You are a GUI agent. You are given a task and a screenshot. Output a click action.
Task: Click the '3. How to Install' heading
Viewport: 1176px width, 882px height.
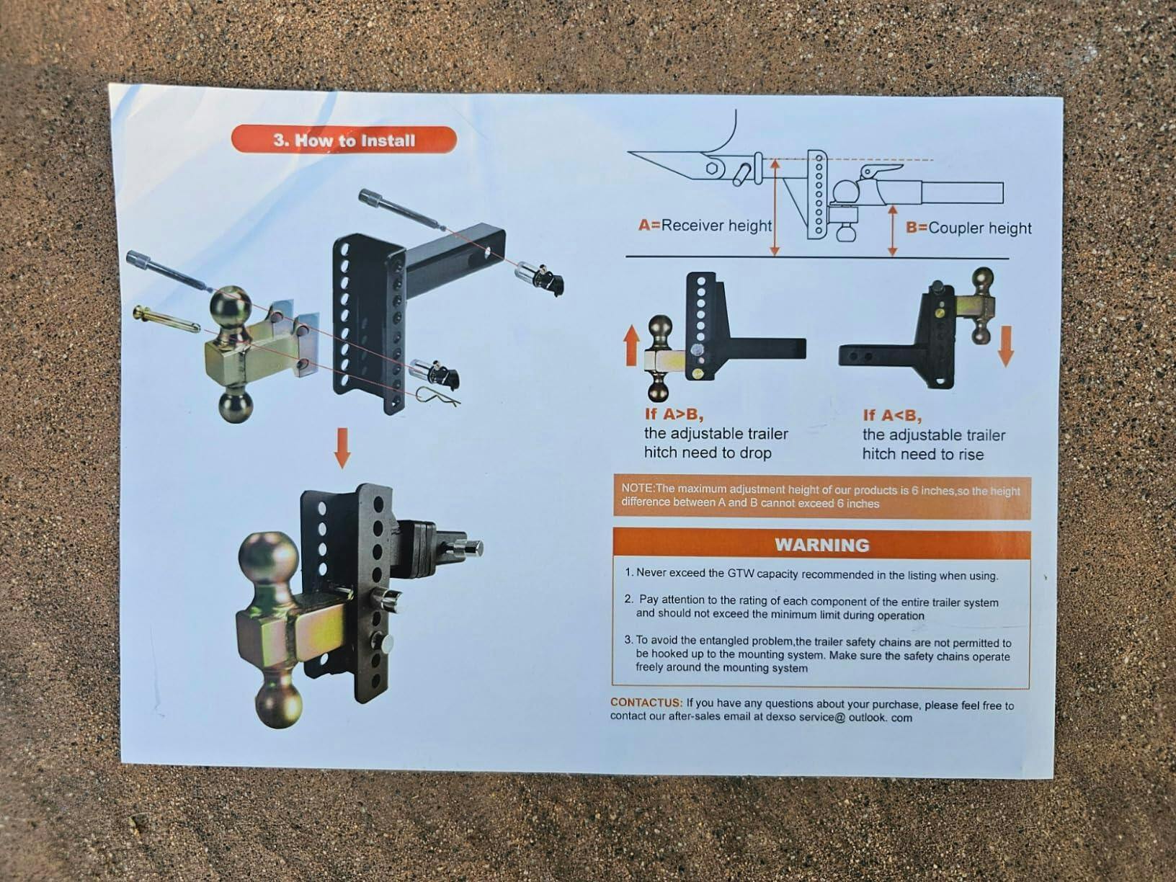[344, 141]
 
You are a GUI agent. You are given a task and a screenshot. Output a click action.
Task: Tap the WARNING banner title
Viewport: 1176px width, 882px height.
[822, 545]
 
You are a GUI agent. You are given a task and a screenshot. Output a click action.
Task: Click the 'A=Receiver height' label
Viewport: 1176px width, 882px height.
[705, 226]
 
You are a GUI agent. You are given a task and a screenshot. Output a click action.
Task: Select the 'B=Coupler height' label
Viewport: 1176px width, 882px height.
[968, 228]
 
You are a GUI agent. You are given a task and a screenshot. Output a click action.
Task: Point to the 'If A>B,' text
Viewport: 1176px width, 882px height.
[674, 414]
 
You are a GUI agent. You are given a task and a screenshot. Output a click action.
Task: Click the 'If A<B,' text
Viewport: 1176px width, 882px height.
[892, 416]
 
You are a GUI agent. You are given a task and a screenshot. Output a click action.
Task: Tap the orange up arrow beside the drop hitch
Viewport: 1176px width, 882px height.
[632, 346]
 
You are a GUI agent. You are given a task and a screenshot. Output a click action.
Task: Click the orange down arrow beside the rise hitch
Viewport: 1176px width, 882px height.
[1006, 346]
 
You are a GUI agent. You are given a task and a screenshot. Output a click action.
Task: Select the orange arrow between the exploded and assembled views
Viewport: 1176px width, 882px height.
[342, 448]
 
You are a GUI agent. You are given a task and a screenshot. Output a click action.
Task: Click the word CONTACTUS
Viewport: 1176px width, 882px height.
[646, 702]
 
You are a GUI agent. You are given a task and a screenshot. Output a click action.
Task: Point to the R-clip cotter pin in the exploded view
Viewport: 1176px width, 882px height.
[437, 396]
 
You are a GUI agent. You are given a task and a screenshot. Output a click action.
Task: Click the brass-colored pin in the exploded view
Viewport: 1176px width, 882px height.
[166, 319]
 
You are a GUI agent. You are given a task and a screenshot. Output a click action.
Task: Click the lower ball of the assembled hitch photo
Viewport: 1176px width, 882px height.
[278, 702]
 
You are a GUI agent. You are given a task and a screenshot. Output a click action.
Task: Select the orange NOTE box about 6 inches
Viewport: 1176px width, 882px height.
[822, 497]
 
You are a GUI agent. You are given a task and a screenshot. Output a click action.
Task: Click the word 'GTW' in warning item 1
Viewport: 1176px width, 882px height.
[740, 574]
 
